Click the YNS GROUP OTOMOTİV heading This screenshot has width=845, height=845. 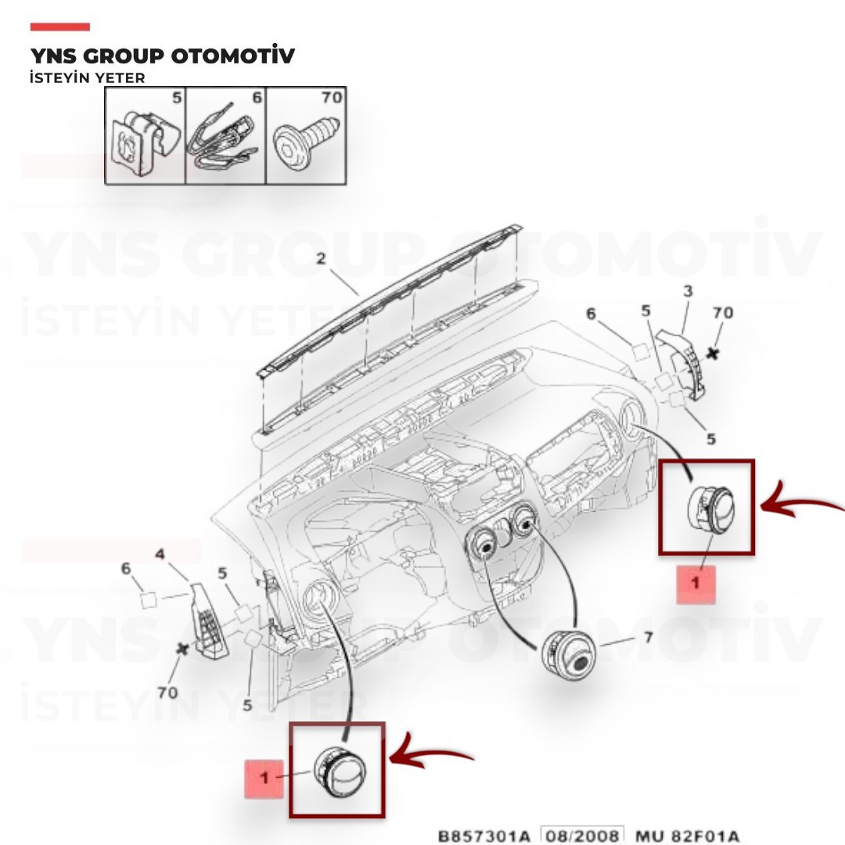pos(162,56)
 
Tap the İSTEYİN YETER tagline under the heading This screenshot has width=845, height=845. pos(88,78)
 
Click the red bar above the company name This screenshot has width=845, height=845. pos(59,27)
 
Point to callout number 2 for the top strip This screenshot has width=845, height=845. pos(322,259)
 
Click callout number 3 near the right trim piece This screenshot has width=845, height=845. pos(688,292)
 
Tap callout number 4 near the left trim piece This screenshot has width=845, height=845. pos(160,554)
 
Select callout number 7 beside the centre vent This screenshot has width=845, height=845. pos(649,638)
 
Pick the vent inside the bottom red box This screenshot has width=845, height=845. pos(340,771)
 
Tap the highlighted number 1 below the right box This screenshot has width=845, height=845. pos(696,583)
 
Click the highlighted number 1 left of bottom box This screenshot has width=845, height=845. pos(264,778)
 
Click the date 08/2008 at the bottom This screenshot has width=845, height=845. pos(582,836)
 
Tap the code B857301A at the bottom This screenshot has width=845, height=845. pos(484,836)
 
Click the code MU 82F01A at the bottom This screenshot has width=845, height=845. pos(686,836)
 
